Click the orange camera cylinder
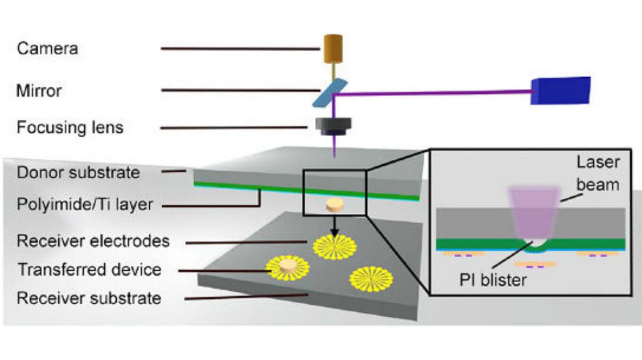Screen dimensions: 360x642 click(333, 49)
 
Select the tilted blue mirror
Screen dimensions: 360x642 click(329, 93)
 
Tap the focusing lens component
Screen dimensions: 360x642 click(334, 126)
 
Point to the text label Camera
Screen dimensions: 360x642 click(47, 48)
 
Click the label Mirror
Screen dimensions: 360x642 click(39, 91)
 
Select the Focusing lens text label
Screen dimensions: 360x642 click(70, 128)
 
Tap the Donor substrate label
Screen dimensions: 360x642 click(78, 173)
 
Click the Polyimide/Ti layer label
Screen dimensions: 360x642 click(85, 205)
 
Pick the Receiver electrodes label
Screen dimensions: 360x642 click(93, 241)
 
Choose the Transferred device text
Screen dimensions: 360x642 click(89, 269)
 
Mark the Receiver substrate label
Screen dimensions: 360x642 click(89, 298)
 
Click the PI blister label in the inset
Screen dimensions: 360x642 click(493, 280)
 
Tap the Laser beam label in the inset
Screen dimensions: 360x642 click(598, 173)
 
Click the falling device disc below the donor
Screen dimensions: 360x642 click(334, 206)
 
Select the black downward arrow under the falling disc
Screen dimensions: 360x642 click(334, 228)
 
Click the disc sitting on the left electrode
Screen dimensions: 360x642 click(288, 267)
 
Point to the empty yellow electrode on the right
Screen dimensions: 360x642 click(371, 279)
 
